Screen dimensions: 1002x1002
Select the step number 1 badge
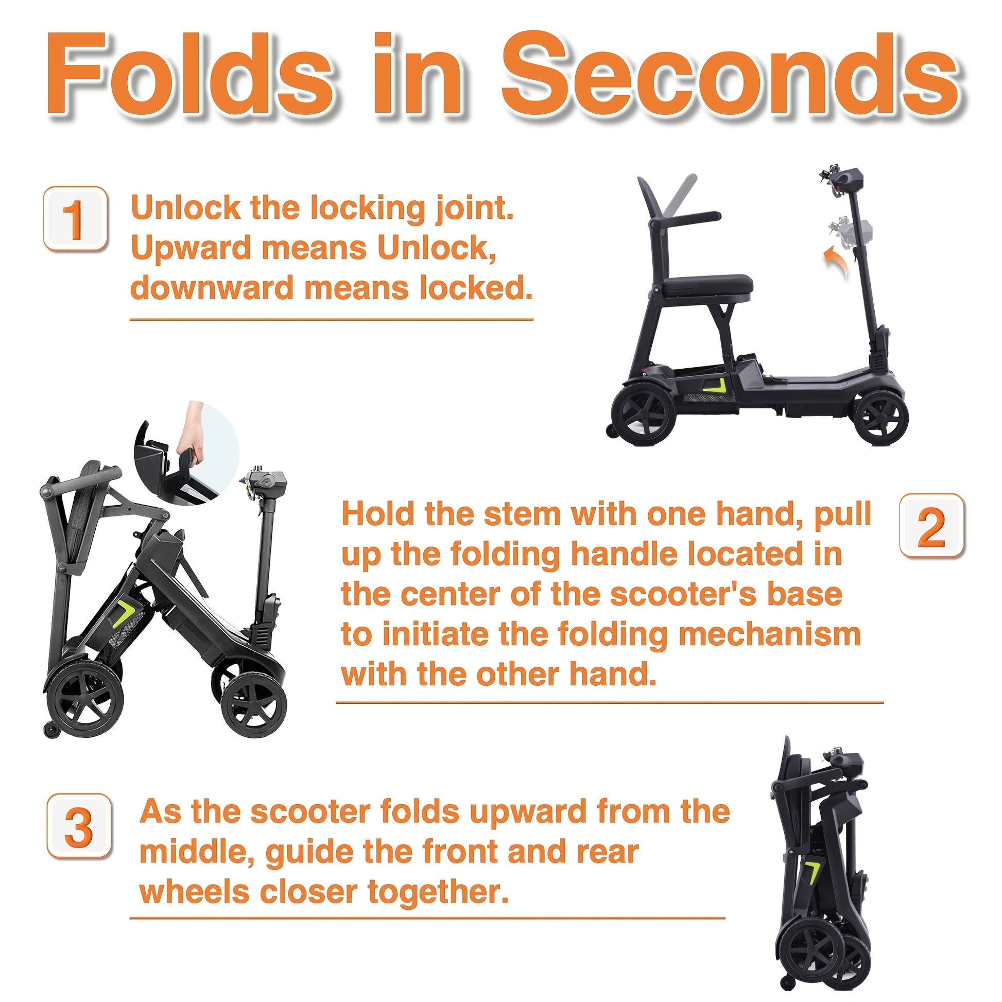[x=75, y=219]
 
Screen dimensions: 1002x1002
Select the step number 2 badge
[x=931, y=526]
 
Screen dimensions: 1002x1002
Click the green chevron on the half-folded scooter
[x=124, y=614]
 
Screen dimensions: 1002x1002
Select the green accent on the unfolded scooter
[x=716, y=385]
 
